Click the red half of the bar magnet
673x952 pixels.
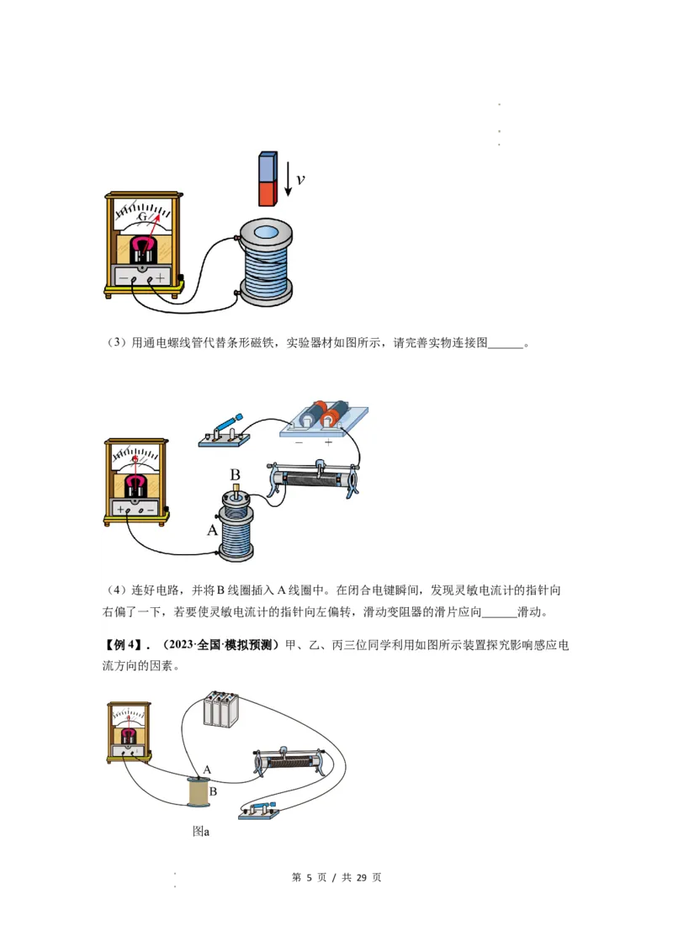tap(268, 194)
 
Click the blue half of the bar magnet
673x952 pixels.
tap(268, 167)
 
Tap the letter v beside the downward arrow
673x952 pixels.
tap(300, 179)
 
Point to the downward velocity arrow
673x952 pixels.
tap(288, 178)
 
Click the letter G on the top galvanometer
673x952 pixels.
tap(143, 217)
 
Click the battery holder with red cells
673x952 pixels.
tap(324, 417)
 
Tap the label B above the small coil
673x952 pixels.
tap(236, 475)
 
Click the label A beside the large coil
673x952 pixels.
tap(212, 531)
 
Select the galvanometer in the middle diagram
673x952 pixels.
tap(135, 481)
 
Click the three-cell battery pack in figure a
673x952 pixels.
tap(221, 709)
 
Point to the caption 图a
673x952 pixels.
tap(201, 831)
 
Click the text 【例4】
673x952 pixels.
tap(122, 645)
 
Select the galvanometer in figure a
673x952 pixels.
tap(129, 733)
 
